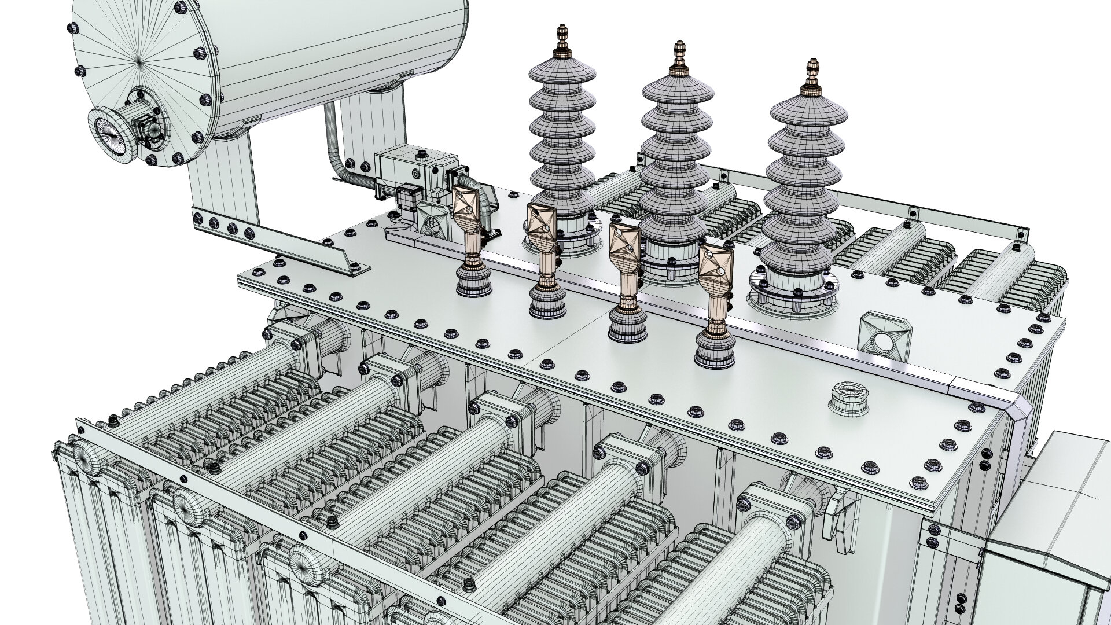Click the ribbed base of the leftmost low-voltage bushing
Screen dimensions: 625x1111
coord(474,284)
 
